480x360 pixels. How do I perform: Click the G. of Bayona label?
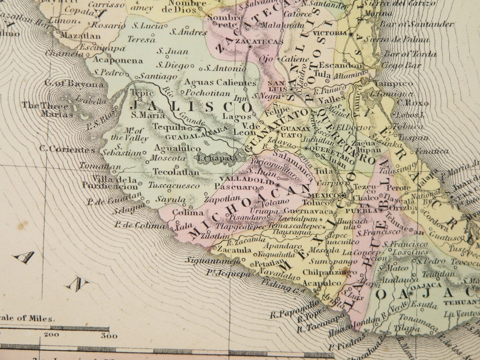74,83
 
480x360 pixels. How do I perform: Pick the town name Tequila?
169,127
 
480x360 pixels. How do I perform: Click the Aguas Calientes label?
220,83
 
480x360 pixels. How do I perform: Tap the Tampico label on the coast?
393,83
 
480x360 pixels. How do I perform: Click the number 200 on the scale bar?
52,335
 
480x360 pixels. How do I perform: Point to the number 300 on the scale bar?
109,336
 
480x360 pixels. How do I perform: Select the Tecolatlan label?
176,172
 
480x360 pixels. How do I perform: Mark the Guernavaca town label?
302,211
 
